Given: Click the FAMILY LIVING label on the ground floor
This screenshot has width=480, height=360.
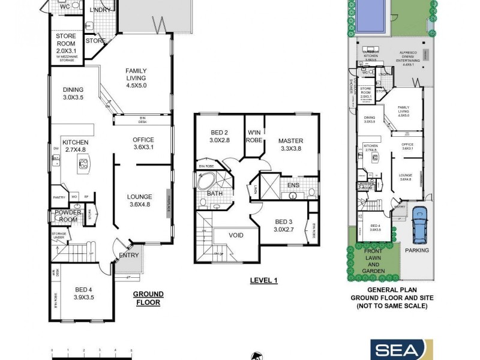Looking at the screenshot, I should coord(136,78).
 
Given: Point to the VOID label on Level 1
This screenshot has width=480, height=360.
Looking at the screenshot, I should coord(236,235).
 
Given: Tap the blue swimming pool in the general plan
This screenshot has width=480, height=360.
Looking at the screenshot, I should coord(371,16).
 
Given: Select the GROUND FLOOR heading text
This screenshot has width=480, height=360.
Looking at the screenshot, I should coord(147,298).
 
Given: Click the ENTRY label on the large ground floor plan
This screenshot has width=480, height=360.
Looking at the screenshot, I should coord(128,255).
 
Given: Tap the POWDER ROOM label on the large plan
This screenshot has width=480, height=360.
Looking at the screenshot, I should coord(68,216).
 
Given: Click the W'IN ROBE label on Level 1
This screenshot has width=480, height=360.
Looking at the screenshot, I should coord(253,137).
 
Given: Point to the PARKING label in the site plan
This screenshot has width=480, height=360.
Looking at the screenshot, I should coord(418,250).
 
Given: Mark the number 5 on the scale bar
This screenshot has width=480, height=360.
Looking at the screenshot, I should coord(130,349).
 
